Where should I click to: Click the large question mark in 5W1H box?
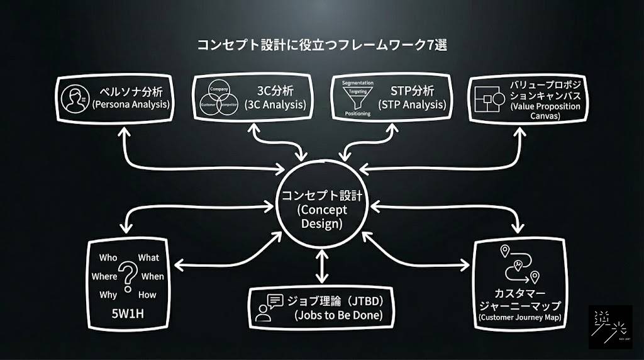[129, 276]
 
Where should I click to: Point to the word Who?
[108, 257]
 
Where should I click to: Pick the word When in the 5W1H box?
[152, 276]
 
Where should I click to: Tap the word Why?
[108, 295]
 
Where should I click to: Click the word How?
[148, 295]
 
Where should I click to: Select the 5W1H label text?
[128, 315]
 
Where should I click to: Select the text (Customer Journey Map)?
[520, 318]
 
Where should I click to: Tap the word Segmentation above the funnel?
[357, 83]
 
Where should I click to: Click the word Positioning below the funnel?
[358, 113]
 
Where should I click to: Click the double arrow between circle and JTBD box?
[322, 266]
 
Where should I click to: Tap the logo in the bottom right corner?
[610, 327]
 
